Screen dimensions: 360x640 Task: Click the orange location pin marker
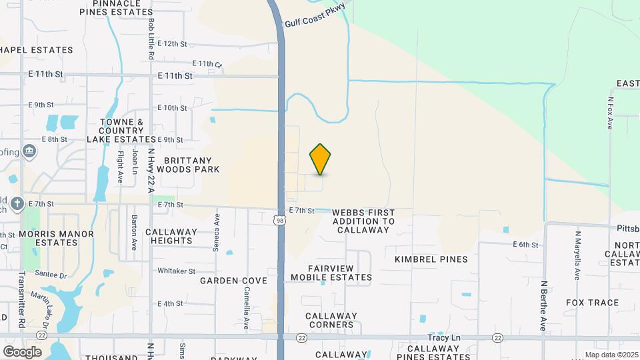click(321, 159)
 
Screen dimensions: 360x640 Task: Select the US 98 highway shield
click(281, 221)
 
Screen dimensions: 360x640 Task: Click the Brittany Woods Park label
click(191, 165)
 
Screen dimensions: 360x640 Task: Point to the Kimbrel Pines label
click(431, 259)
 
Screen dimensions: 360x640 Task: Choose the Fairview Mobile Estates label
click(340, 273)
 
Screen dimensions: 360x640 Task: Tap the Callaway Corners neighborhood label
click(331, 320)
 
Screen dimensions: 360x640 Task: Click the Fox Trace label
click(592, 303)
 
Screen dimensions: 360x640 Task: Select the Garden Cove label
click(233, 281)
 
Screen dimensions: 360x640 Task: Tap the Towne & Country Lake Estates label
click(121, 131)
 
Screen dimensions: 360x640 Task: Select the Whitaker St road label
click(176, 271)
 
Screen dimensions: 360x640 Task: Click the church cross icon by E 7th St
click(17, 204)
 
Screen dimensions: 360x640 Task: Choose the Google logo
click(22, 352)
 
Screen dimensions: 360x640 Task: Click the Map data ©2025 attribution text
click(611, 355)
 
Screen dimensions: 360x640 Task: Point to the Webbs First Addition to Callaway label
click(363, 220)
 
